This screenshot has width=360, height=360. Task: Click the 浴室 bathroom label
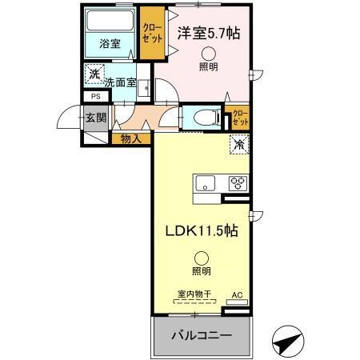point(110,45)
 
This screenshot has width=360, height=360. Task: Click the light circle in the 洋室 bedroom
point(207,54)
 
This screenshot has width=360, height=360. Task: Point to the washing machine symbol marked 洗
point(94,74)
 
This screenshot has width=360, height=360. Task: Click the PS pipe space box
point(95,99)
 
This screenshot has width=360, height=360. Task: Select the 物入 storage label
point(131,139)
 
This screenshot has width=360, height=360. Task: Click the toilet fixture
point(200,116)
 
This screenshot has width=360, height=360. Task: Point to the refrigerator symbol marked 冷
point(238,146)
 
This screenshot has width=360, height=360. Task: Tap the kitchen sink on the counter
point(203,186)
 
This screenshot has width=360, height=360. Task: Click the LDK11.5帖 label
point(201,230)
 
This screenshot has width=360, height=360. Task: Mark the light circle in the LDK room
point(201,258)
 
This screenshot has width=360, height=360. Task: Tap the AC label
point(236,295)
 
